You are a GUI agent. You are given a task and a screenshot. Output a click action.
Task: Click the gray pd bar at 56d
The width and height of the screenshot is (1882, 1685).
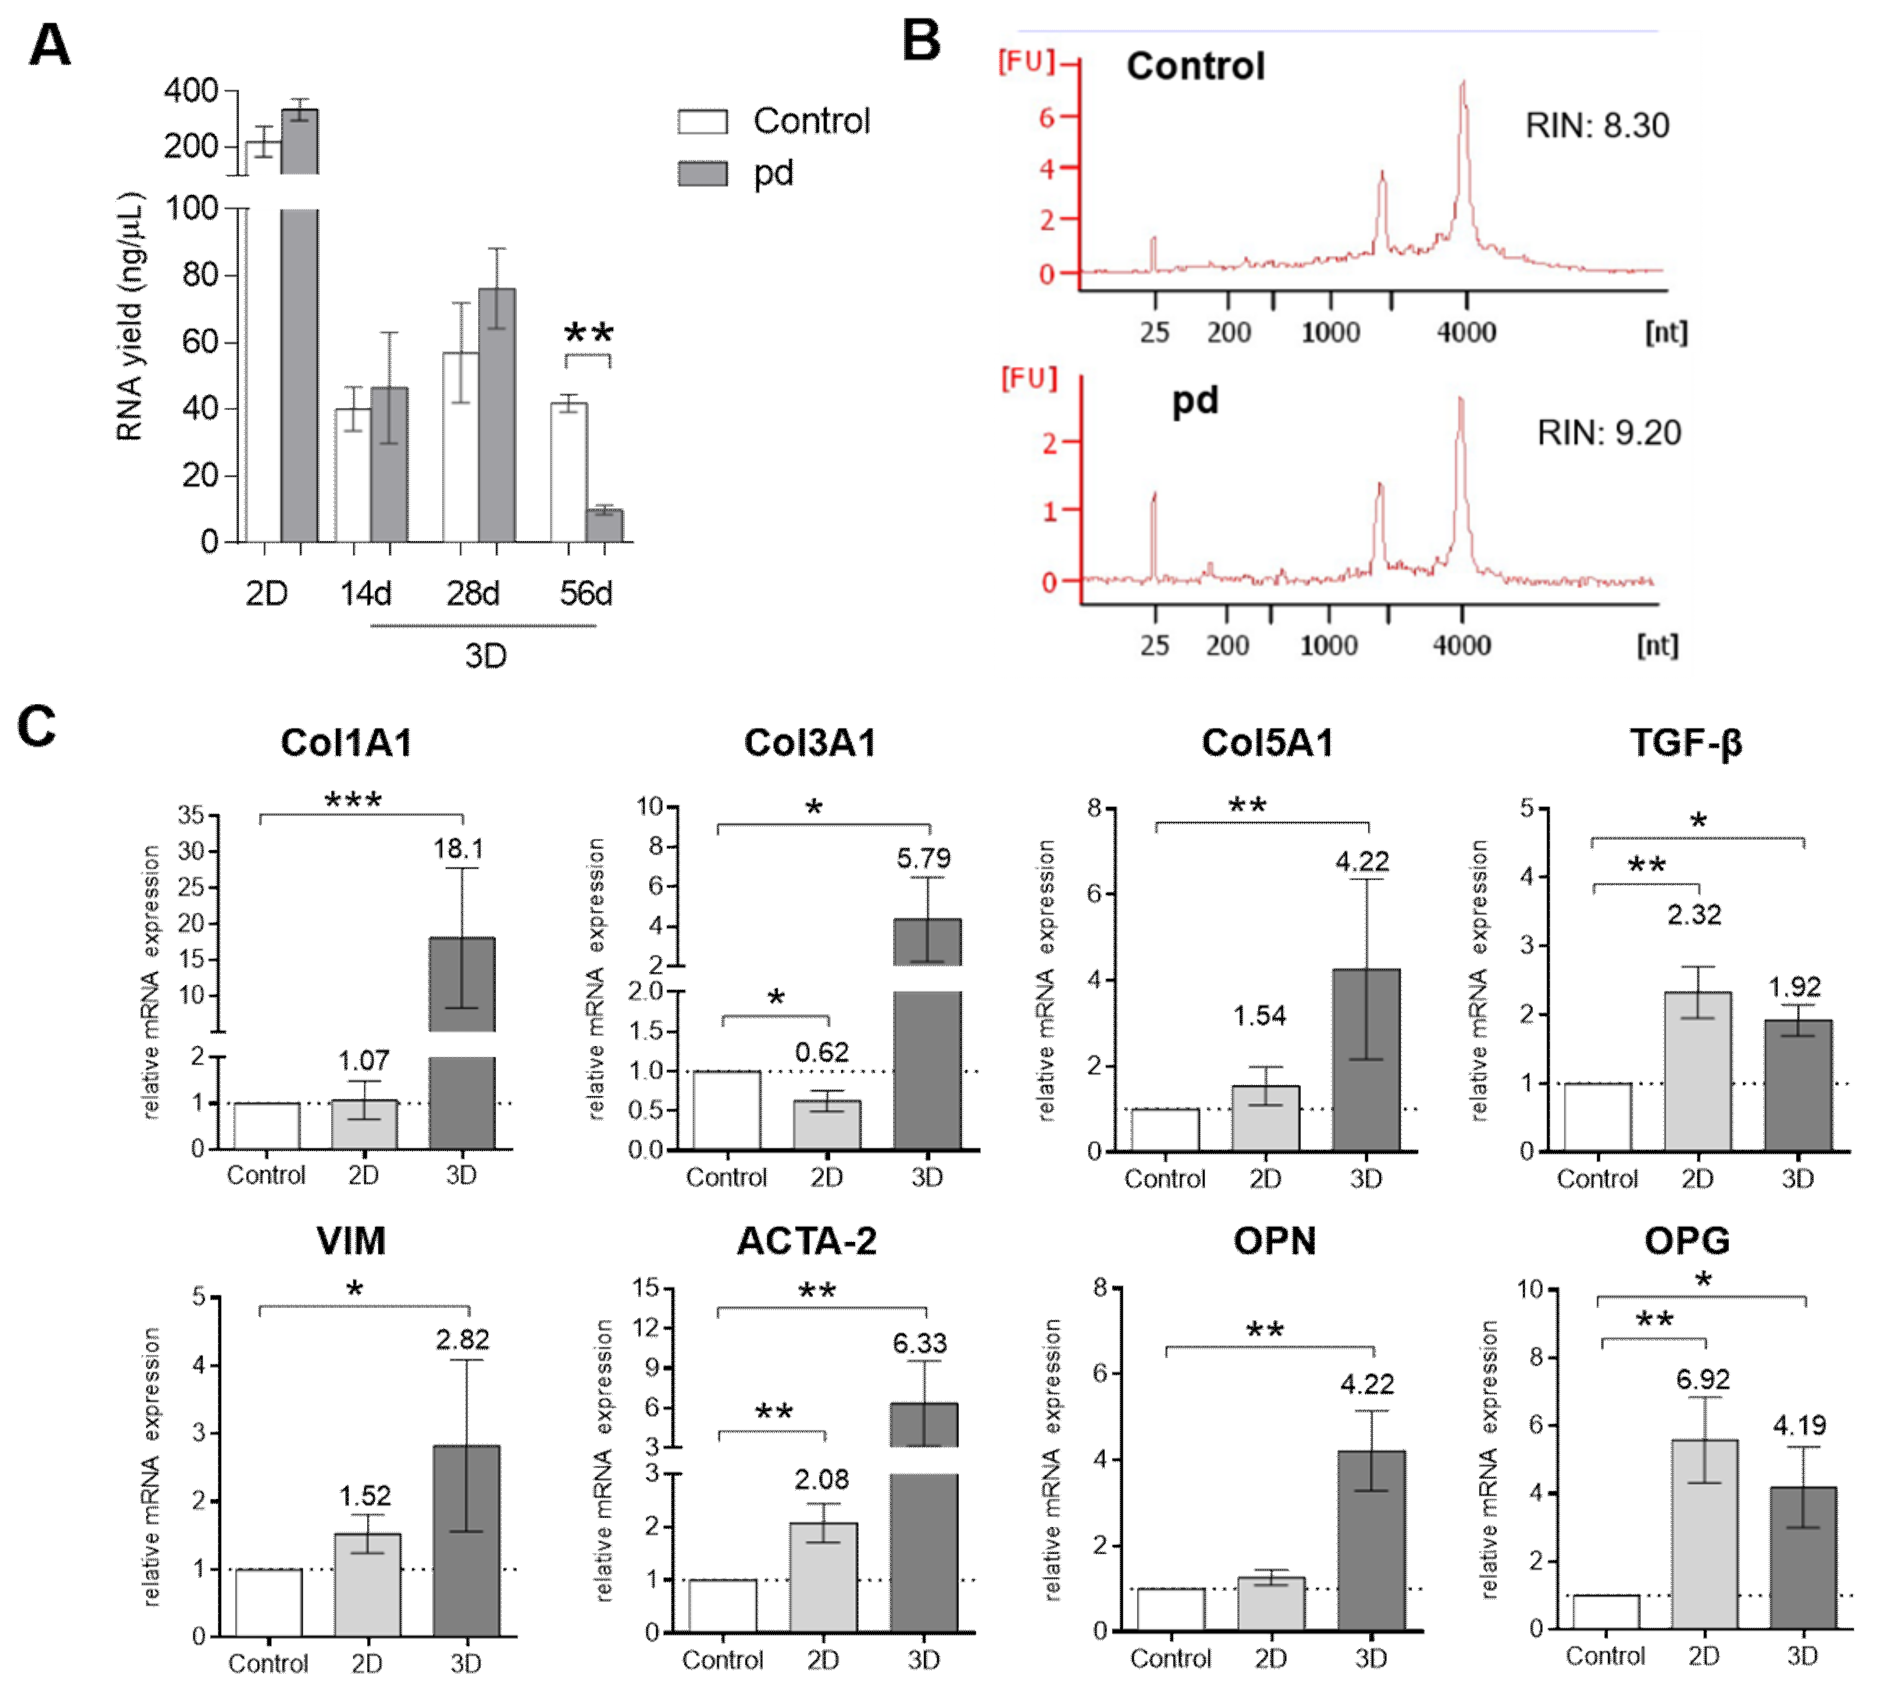click(x=604, y=525)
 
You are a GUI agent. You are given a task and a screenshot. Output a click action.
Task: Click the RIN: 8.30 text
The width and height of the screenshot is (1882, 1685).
click(x=1597, y=125)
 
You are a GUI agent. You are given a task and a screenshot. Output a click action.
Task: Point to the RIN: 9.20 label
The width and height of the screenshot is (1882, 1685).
click(x=1609, y=432)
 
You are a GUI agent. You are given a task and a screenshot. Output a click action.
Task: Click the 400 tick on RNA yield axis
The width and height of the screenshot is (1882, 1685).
click(x=190, y=91)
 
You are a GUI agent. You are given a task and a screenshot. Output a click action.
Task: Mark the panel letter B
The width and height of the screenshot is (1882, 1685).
click(x=921, y=42)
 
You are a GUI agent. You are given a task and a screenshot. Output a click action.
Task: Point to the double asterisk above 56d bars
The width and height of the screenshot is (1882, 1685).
click(x=588, y=333)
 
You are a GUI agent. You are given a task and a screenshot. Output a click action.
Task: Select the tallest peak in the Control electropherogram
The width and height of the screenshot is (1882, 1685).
click(x=1463, y=88)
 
